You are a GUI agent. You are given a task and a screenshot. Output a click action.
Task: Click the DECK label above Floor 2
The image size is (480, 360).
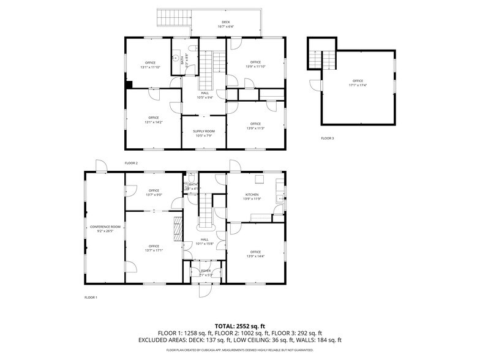(226, 22)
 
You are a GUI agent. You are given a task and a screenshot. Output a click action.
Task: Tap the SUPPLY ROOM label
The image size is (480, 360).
(204, 132)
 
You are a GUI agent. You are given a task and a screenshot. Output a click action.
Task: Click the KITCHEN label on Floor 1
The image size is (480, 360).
(252, 195)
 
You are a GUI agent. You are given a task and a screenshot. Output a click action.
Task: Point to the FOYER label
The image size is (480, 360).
(206, 271)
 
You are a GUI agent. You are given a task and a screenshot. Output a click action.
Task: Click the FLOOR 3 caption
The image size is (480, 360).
(328, 138)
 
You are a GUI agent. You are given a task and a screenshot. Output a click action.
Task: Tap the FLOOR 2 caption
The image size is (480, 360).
(131, 163)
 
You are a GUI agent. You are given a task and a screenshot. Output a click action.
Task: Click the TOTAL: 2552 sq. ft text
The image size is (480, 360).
(239, 326)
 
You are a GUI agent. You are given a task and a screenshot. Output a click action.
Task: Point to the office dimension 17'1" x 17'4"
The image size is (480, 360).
(358, 85)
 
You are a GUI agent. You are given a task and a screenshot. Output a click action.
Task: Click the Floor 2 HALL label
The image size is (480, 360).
(204, 93)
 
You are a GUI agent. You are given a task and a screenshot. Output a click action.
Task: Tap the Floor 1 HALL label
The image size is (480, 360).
(204, 239)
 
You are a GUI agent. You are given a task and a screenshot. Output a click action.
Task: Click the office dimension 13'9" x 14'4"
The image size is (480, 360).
(255, 256)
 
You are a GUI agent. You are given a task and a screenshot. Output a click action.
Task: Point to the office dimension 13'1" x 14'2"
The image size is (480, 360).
(153, 122)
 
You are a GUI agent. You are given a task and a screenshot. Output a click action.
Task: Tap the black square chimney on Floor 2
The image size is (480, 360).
(129, 85)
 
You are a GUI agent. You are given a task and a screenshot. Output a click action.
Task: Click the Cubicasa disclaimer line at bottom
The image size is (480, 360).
(239, 350)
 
